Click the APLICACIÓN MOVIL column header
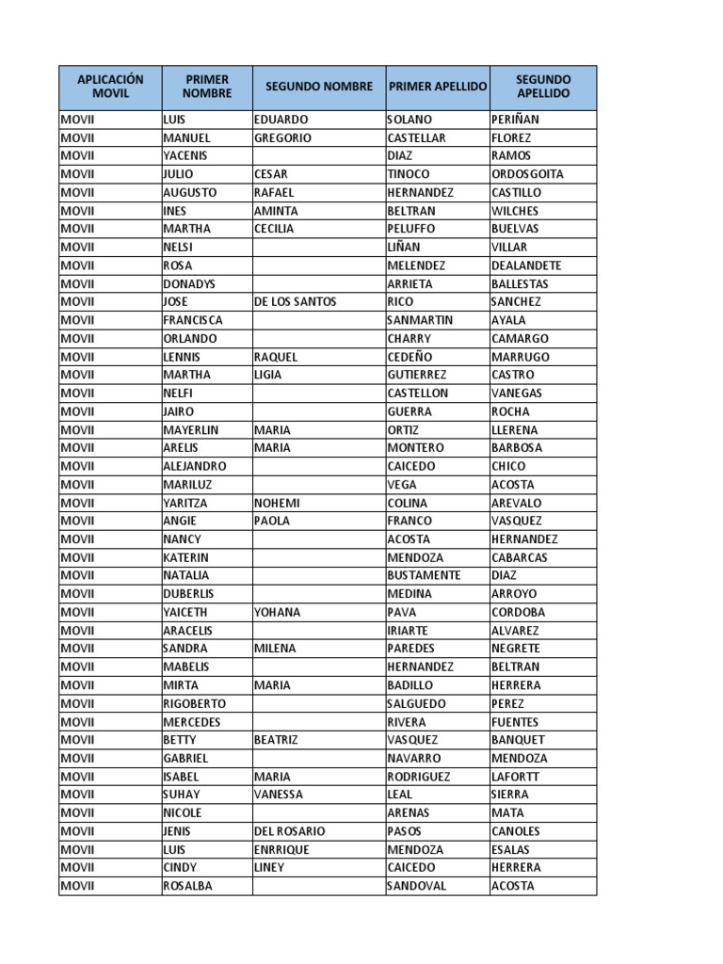(x=110, y=87)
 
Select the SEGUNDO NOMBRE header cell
(x=318, y=87)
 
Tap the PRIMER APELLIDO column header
(x=437, y=87)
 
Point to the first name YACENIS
(x=185, y=156)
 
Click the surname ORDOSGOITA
(x=527, y=174)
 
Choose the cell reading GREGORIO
(x=282, y=138)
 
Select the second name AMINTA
(x=276, y=211)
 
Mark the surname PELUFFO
(x=411, y=229)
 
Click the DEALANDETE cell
(x=526, y=265)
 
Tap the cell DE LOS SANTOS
(x=295, y=302)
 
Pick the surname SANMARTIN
(x=420, y=320)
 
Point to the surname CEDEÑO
(x=410, y=357)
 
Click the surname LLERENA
(x=515, y=430)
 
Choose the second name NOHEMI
(x=277, y=503)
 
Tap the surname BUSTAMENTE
(x=424, y=575)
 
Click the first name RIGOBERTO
(x=194, y=703)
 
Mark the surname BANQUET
(x=518, y=740)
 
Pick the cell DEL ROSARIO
(x=289, y=831)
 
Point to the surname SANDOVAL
(x=417, y=886)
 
